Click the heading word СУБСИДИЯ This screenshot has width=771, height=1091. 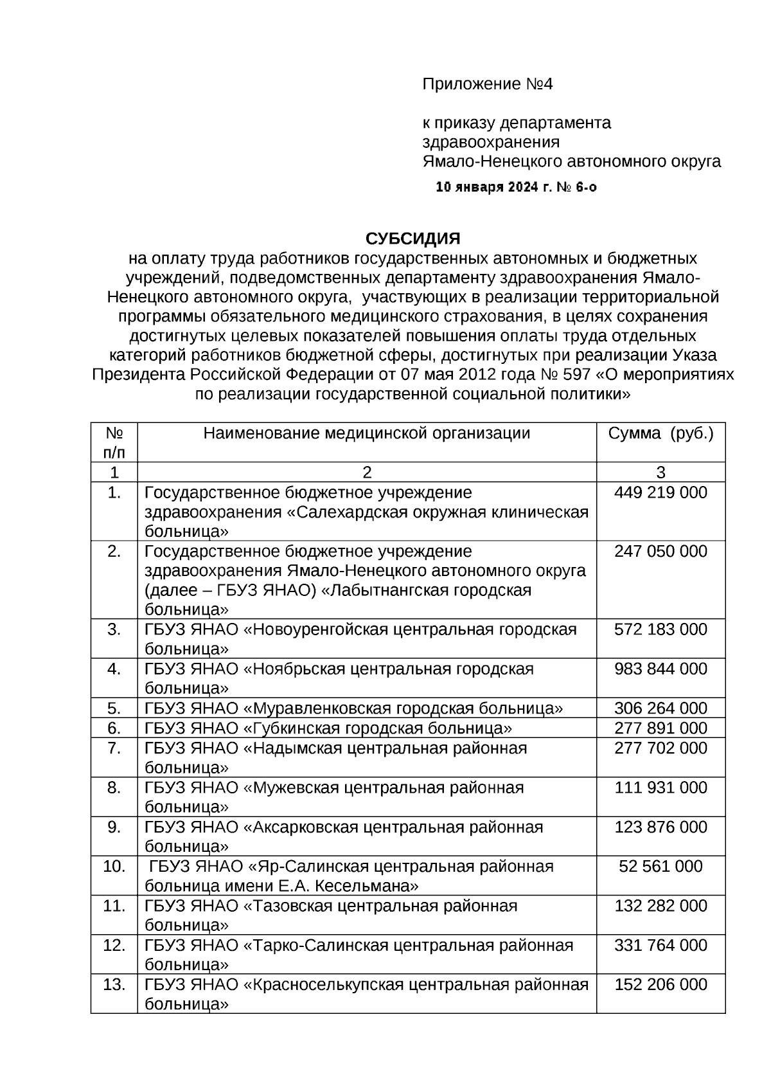pyautogui.click(x=413, y=239)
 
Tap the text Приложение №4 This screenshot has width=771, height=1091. pyautogui.click(x=487, y=84)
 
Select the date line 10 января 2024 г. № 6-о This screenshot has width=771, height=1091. pyautogui.click(x=516, y=188)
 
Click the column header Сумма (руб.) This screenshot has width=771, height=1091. pyautogui.click(x=660, y=433)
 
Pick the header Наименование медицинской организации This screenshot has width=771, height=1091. pyautogui.click(x=366, y=433)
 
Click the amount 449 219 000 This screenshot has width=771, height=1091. pyautogui.click(x=660, y=493)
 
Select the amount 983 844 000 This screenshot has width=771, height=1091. pyautogui.click(x=660, y=669)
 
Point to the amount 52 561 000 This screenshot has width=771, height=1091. pyautogui.click(x=660, y=867)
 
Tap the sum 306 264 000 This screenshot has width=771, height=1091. pyautogui.click(x=660, y=708)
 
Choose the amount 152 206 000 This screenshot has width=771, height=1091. pyautogui.click(x=660, y=985)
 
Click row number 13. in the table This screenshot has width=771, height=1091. pyautogui.click(x=114, y=985)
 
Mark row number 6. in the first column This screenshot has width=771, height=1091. pyautogui.click(x=114, y=728)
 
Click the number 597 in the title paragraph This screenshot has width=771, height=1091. pyautogui.click(x=578, y=375)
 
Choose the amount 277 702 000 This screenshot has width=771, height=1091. pyautogui.click(x=660, y=748)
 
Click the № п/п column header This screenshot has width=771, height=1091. pyautogui.click(x=114, y=442)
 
